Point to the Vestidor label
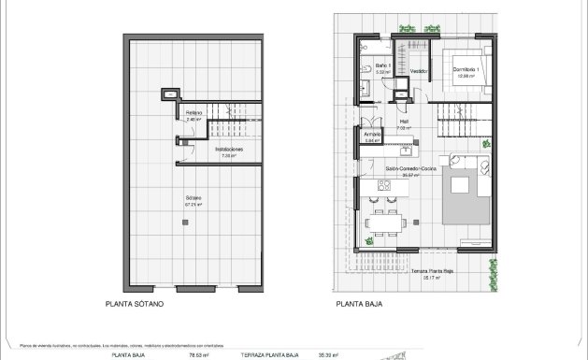click(418, 70)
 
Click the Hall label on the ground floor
click(405, 121)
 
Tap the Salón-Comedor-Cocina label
click(411, 168)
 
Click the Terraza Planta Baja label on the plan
click(432, 271)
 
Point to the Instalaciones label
click(229, 149)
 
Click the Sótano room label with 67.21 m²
click(194, 198)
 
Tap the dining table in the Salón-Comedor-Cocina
click(385, 224)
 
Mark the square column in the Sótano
click(185, 222)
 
